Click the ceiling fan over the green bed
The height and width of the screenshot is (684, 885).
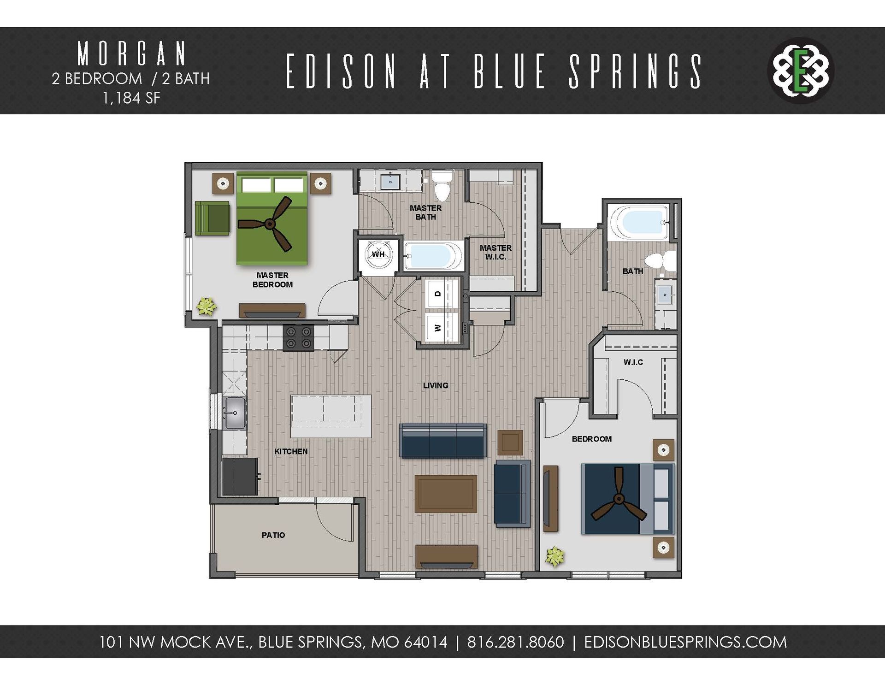(x=271, y=224)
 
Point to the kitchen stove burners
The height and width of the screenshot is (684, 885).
(x=298, y=337)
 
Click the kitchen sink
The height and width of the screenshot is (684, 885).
(x=235, y=413)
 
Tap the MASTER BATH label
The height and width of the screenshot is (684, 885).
(x=425, y=212)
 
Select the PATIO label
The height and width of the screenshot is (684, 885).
(x=273, y=535)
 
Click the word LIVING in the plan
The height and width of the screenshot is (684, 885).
(x=436, y=385)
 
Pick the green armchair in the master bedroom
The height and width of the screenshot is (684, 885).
(x=212, y=218)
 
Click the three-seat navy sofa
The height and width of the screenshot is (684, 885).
(x=443, y=440)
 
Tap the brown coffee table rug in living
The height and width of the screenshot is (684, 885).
(x=445, y=494)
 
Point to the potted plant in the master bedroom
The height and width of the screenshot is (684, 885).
(x=206, y=306)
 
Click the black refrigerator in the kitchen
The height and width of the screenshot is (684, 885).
(x=240, y=477)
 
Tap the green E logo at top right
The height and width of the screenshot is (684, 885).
(x=801, y=71)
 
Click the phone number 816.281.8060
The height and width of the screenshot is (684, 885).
(x=515, y=642)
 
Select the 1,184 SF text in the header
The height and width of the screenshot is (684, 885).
(x=131, y=98)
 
